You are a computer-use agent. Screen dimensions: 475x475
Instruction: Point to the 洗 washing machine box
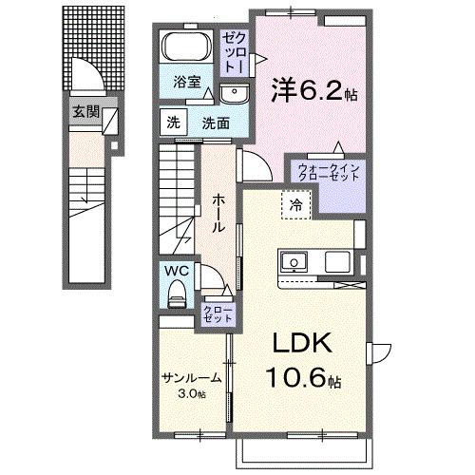tap(173, 122)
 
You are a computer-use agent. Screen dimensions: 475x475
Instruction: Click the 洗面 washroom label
tap(216, 122)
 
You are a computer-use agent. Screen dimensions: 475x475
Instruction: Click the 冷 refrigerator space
tap(296, 203)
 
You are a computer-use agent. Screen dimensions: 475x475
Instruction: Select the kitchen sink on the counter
tap(292, 261)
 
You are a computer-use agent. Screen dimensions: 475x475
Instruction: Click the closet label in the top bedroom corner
tap(235, 54)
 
